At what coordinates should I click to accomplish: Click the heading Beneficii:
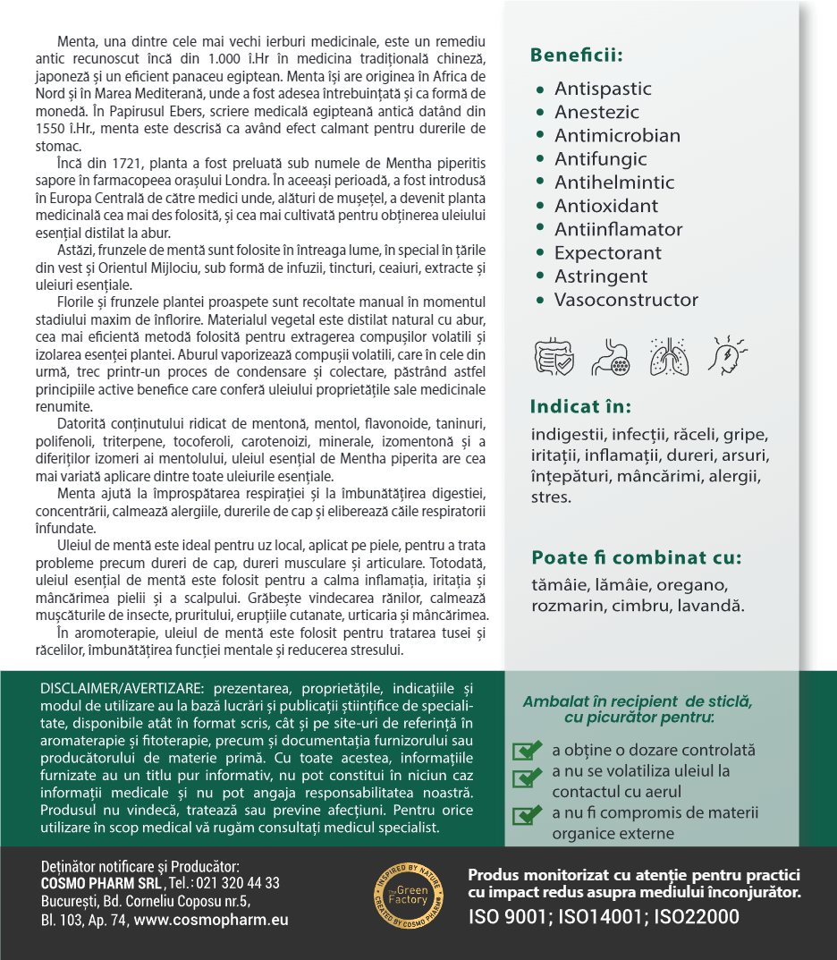(x=576, y=55)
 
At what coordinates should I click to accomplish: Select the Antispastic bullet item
(x=603, y=89)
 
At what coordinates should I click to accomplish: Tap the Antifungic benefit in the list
(x=600, y=159)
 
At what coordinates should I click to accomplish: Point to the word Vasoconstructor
(x=626, y=300)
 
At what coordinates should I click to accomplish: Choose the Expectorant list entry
(x=608, y=253)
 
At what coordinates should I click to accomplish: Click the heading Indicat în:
(x=580, y=406)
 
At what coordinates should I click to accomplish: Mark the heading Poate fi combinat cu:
(x=636, y=558)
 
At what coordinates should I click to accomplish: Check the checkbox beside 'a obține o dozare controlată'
(x=528, y=751)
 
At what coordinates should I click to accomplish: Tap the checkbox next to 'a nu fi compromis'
(x=528, y=813)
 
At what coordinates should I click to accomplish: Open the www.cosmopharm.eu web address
(x=211, y=920)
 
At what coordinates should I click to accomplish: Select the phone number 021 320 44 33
(x=239, y=883)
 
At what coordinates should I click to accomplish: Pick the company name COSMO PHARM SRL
(x=101, y=883)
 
